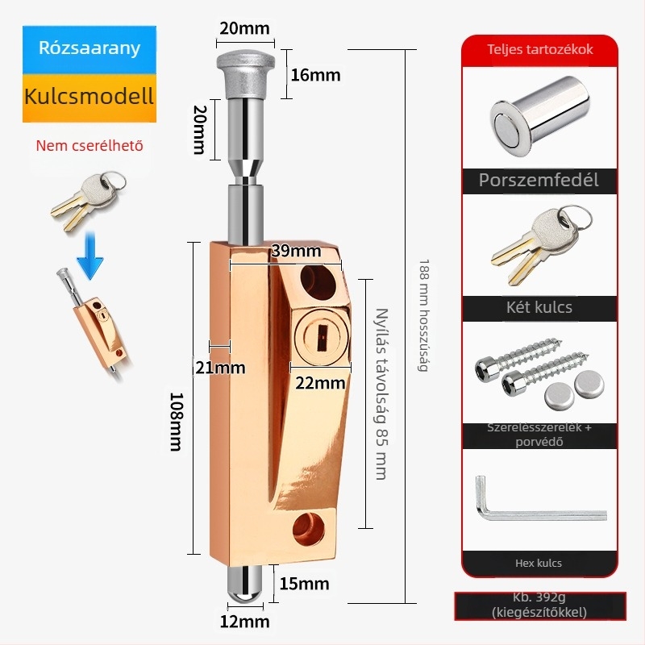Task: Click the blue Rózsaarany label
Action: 89,48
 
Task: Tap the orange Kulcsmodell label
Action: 89,97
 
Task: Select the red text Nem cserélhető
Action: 89,146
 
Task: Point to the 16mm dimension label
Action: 315,75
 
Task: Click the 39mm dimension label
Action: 295,251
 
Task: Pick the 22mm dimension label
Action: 318,382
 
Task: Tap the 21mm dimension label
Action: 219,368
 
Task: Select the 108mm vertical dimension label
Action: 177,422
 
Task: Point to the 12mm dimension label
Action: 244,622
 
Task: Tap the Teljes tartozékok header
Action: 540,49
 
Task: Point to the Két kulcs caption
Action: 539,307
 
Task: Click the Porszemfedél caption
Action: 539,180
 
